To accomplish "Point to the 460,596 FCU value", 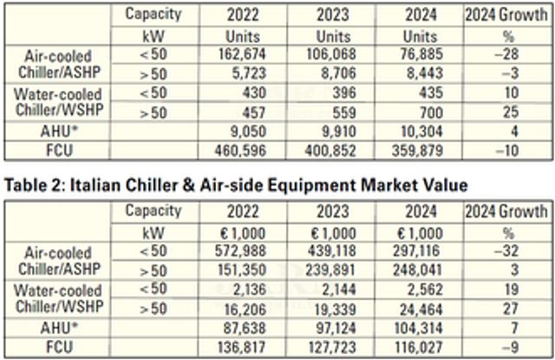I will coord(232,152).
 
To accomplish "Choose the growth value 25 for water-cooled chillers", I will coord(517,115).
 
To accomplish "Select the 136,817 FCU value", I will coord(232,345).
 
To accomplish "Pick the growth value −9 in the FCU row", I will coord(517,345).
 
